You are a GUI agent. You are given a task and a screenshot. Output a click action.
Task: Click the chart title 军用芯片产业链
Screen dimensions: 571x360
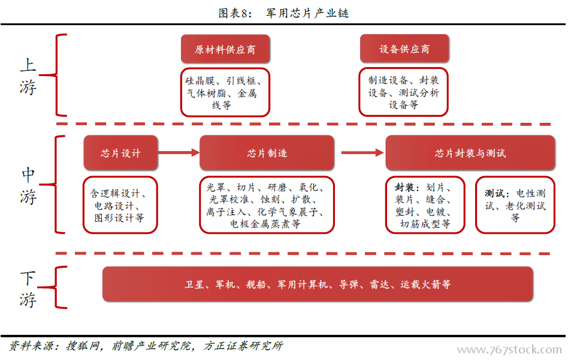click(307, 13)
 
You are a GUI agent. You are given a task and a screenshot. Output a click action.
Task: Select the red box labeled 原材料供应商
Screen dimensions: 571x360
click(225, 49)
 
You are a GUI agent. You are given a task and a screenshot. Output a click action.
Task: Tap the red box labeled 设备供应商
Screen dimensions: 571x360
click(404, 49)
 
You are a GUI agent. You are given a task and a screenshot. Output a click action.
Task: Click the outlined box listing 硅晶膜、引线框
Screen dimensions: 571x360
click(225, 92)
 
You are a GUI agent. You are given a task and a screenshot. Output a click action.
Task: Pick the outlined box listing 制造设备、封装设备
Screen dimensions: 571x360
click(403, 92)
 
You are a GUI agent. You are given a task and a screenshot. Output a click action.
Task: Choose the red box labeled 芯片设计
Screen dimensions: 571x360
click(120, 153)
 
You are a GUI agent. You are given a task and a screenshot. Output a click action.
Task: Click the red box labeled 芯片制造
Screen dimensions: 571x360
click(267, 153)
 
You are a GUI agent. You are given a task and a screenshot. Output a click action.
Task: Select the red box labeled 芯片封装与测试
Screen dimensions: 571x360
click(470, 153)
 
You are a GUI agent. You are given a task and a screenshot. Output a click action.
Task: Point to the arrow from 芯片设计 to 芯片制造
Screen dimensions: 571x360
click(179, 153)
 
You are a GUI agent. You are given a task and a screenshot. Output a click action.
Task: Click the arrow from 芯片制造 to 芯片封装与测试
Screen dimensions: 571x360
click(362, 153)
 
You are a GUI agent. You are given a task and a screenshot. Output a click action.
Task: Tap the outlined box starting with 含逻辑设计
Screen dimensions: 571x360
click(120, 205)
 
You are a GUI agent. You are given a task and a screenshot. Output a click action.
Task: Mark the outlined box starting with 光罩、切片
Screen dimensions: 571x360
click(267, 205)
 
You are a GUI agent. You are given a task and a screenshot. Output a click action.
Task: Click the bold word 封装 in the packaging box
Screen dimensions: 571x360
click(404, 187)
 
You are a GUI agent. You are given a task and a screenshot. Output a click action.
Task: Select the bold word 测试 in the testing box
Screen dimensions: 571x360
click(494, 193)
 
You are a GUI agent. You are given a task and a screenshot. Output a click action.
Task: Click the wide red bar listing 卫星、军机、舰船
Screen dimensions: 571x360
click(318, 284)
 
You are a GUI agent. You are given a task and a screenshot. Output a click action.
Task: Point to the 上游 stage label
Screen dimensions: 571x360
click(28, 76)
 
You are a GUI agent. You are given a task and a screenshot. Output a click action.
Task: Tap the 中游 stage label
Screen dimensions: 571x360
click(28, 185)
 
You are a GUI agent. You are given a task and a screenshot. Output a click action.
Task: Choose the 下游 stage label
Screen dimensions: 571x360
click(28, 289)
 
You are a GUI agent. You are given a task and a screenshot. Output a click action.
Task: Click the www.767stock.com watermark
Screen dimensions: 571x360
click(509, 350)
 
